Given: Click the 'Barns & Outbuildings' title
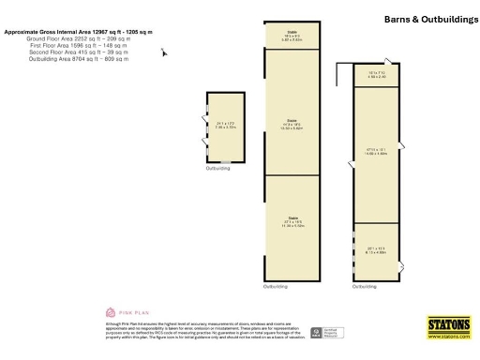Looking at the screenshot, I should [428, 19].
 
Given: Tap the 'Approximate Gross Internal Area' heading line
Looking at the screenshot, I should [66, 32].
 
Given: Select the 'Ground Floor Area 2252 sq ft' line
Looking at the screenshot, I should [66, 39].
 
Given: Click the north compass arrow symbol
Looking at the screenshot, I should [164, 52].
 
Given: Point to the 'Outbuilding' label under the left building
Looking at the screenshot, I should [217, 168].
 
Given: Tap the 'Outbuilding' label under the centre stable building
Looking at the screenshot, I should [276, 286].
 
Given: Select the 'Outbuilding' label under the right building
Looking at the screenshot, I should [365, 286].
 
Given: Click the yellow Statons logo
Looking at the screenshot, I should [449, 326].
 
